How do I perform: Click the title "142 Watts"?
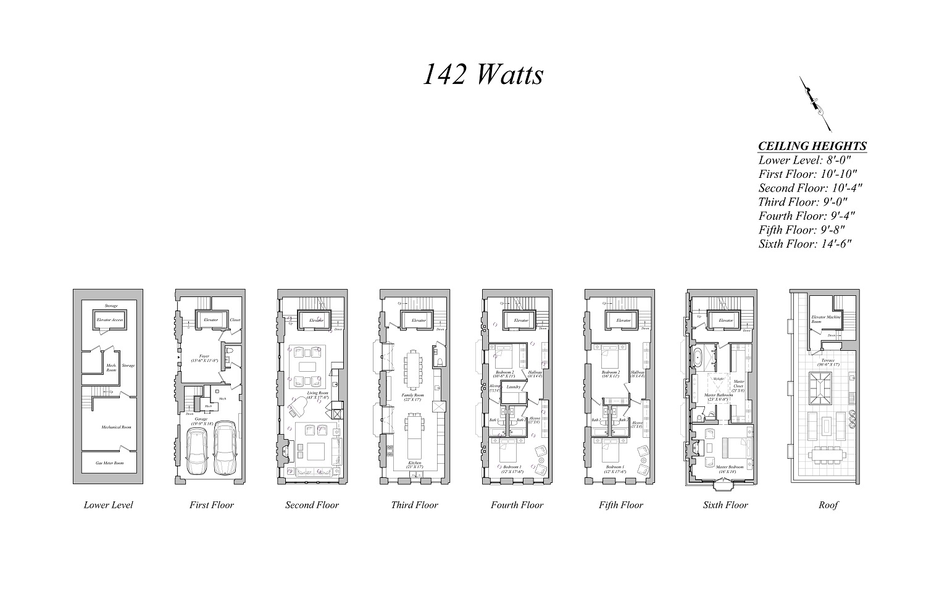[x=483, y=75]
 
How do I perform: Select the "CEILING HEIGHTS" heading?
[x=812, y=146]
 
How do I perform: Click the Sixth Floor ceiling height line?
[x=805, y=244]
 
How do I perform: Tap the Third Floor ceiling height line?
[x=803, y=202]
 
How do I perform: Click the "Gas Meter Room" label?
[x=109, y=463]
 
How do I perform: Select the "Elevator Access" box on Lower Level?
[x=110, y=320]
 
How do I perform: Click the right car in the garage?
[x=225, y=447]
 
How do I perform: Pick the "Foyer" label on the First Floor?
[x=204, y=357]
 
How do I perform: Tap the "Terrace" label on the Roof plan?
[x=828, y=361]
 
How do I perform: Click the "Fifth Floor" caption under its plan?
[x=621, y=505]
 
